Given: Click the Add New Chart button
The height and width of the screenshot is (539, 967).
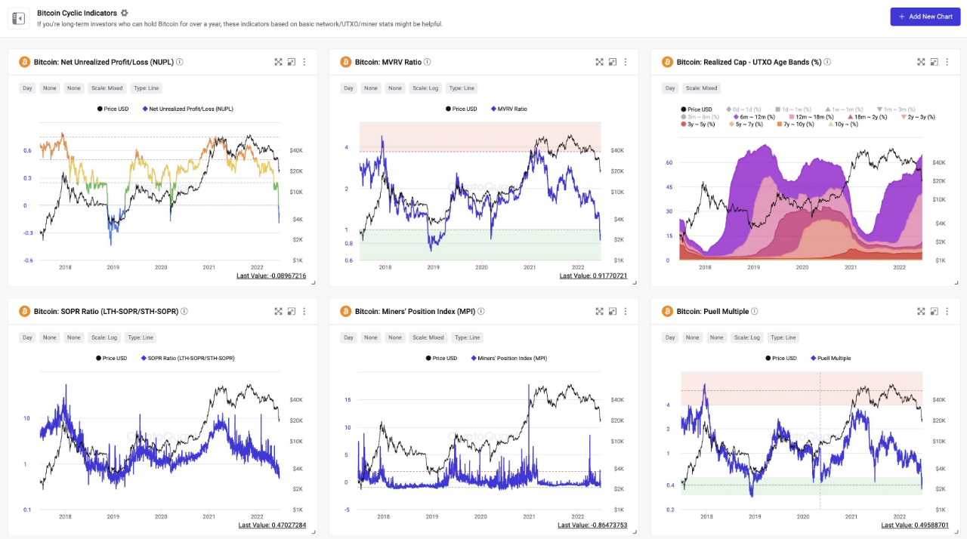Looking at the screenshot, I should (x=925, y=17).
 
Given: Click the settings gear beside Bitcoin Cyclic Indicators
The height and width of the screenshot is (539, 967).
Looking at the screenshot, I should (x=125, y=13).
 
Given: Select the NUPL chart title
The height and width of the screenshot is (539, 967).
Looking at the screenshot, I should (x=117, y=62).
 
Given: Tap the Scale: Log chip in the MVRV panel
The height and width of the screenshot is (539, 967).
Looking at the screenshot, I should (x=420, y=88).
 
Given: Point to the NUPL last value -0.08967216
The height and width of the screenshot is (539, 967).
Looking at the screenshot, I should (x=271, y=276).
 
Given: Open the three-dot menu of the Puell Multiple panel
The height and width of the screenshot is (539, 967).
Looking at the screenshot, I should (x=947, y=311).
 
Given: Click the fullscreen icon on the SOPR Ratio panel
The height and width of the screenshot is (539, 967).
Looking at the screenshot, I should (x=278, y=311).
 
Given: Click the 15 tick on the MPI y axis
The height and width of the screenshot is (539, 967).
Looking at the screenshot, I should (x=348, y=399).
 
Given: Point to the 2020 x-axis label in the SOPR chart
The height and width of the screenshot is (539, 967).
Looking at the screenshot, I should (x=161, y=516).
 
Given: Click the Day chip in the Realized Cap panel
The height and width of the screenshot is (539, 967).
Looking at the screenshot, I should (x=670, y=88).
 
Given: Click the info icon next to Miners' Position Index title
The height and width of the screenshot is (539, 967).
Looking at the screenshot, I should (x=481, y=311).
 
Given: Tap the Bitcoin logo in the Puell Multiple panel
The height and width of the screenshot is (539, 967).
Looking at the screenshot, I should (x=667, y=311).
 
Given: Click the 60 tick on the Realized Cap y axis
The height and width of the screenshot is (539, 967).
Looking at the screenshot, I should (x=669, y=162).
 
